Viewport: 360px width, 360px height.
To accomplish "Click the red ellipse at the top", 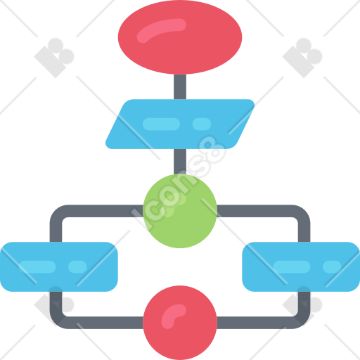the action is coord(180,37).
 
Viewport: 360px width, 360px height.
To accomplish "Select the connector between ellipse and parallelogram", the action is coord(180,86).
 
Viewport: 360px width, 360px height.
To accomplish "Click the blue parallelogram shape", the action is coord(180,124).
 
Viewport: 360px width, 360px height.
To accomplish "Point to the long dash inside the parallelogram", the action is coord(161,124).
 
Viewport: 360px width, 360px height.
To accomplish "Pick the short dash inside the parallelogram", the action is coord(202,124).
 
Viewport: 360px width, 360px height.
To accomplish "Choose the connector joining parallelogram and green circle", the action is coord(180,162).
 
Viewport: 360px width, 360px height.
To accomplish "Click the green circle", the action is coord(180,211).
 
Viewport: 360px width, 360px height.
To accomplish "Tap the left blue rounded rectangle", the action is coord(59,266).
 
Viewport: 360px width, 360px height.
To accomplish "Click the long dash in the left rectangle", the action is coord(37,266).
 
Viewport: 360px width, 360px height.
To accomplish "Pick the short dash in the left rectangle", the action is coord(77,266).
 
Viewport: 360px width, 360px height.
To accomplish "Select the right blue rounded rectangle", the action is coord(301,266).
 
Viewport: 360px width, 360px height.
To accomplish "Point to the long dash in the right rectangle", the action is coord(292,266).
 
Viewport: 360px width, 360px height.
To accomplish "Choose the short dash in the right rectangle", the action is coord(332,266).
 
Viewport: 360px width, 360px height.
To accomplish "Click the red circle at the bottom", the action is coord(180,323).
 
